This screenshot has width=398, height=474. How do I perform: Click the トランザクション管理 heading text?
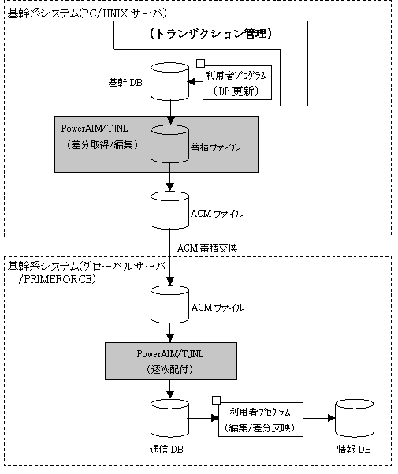(210, 34)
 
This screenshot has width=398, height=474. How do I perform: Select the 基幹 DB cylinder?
(169, 81)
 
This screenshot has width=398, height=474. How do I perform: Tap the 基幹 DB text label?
(125, 83)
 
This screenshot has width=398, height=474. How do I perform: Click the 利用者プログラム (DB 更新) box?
(236, 83)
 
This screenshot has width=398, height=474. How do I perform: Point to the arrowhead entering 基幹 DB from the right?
(192, 81)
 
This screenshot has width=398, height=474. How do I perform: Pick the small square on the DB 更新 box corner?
(200, 63)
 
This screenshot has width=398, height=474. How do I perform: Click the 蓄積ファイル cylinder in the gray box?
(169, 144)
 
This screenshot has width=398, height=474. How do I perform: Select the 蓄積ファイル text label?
(215, 147)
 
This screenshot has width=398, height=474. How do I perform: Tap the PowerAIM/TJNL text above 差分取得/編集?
(95, 129)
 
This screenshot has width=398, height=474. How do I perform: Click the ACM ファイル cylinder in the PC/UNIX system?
(169, 210)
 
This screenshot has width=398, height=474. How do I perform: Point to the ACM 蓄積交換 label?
(207, 248)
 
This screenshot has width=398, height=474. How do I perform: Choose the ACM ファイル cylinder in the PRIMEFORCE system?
(169, 304)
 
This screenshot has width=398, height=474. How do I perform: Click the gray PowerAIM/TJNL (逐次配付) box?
(171, 361)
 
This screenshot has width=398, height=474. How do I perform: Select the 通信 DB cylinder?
(169, 418)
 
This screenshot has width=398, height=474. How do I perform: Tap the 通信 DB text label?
(166, 450)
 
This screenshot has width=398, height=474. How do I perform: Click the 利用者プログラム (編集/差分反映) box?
(261, 420)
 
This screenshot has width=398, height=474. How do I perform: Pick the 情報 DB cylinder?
(355, 418)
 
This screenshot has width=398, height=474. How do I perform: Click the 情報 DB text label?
(354, 450)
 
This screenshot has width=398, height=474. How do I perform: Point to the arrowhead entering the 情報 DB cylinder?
(332, 418)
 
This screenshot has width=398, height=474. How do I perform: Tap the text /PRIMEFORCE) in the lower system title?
(58, 279)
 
